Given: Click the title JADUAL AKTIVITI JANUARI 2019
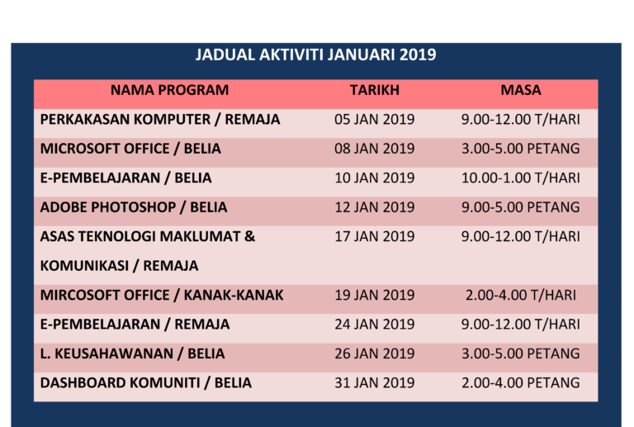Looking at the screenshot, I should [316, 55].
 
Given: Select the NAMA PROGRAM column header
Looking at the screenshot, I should [169, 90].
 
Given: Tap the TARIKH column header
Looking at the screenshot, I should [374, 90].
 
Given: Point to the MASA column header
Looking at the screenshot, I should [521, 90].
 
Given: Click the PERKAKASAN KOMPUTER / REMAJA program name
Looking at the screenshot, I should [160, 120].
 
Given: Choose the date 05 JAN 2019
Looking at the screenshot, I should [374, 120].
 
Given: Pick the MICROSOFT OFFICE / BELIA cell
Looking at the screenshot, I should [130, 149].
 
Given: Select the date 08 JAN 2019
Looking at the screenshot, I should [374, 149].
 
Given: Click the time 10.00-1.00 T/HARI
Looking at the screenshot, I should [521, 178].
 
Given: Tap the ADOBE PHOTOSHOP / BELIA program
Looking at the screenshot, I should [134, 207].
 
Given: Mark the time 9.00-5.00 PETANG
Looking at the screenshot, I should [521, 207].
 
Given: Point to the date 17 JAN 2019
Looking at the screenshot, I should [374, 236].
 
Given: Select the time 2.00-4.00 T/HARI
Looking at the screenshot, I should [521, 295].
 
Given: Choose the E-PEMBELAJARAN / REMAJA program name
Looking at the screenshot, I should [135, 325].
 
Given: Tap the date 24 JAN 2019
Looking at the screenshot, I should [374, 325].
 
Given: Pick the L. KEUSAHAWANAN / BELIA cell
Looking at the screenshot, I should [132, 353].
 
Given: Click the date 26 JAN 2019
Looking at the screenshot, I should [374, 353].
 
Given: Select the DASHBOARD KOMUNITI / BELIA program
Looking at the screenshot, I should [146, 383].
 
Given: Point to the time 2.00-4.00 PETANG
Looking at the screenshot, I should [521, 383].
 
